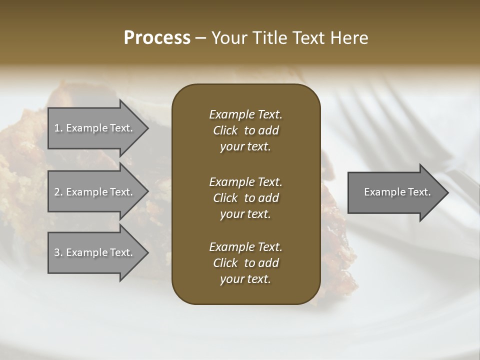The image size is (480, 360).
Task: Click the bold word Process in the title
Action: click(x=157, y=38)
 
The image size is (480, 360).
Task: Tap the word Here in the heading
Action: click(x=349, y=38)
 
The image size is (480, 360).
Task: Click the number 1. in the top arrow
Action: click(x=58, y=128)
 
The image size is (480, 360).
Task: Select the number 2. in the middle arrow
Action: click(x=58, y=192)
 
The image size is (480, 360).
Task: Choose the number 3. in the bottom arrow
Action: click(x=58, y=252)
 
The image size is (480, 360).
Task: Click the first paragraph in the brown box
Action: click(x=245, y=130)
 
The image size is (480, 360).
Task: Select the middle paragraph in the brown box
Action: click(x=245, y=197)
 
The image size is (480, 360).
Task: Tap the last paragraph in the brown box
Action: click(x=245, y=263)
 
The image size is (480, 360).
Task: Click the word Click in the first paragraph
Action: click(x=225, y=130)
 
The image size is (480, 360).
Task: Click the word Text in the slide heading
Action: click(x=306, y=38)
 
